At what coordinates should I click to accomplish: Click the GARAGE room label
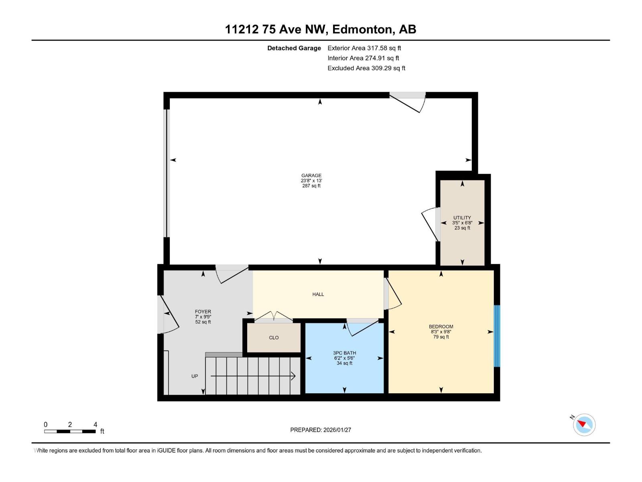coord(311,175)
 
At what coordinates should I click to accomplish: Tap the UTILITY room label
coord(462,217)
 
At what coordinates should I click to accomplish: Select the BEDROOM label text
coord(441,326)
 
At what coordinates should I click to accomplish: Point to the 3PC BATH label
coord(345,353)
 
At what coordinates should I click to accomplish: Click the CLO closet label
coord(274,337)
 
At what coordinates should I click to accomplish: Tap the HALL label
coord(318,294)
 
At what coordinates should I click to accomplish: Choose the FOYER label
coord(203,312)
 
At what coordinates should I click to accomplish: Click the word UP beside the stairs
coord(195,376)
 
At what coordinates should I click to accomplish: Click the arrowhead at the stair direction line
coord(293,376)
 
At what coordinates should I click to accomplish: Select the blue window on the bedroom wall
coord(497,336)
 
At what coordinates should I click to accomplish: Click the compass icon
coord(584,425)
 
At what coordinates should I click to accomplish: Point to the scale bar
coord(70,431)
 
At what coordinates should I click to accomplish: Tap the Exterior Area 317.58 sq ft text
coord(364,48)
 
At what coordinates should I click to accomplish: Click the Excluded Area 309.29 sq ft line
coord(366,68)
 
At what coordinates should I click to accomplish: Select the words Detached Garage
coord(294,48)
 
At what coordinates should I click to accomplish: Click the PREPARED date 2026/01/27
coord(337,430)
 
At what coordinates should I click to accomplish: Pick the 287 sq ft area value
coord(311,186)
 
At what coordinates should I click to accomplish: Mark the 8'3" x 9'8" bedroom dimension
coord(441,332)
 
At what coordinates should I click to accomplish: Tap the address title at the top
coord(321,29)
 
